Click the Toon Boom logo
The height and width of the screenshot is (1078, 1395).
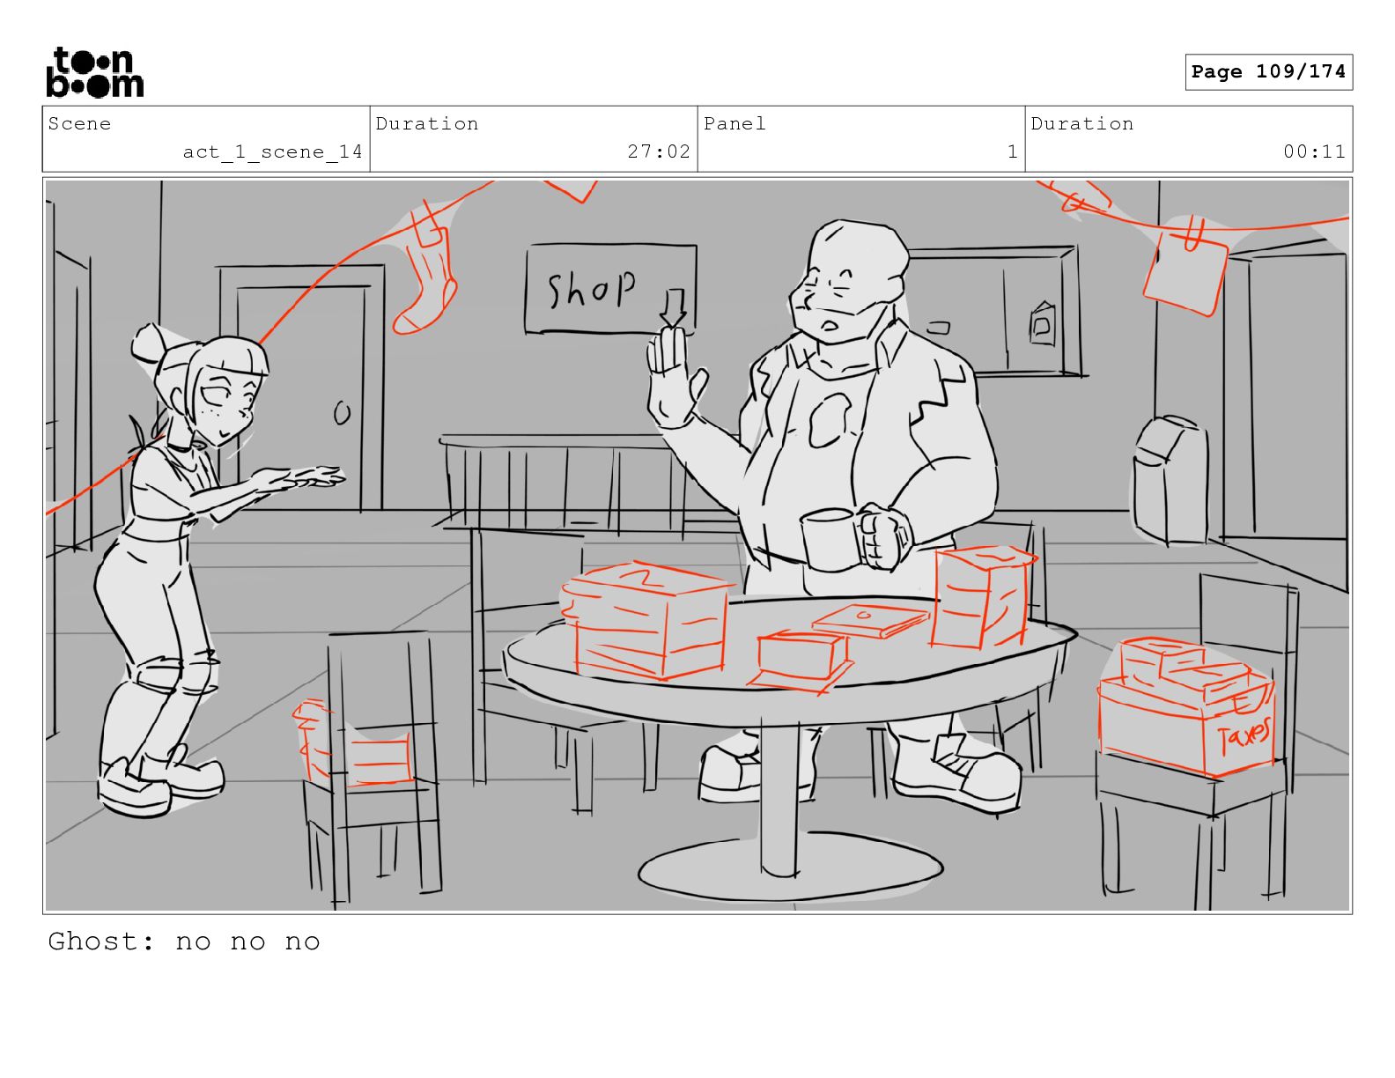coord(95,72)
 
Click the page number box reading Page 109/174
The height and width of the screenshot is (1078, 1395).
coord(1268,72)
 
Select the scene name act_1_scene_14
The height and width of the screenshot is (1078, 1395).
coord(272,152)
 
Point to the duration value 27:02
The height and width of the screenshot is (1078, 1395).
coord(658,151)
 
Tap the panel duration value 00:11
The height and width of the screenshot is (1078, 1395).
coord(1313,151)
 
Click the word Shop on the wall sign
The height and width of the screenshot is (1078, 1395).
coord(591,288)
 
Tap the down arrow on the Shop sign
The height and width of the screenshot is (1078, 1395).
coord(674,307)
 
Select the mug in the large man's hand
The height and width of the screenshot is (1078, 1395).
coord(829,539)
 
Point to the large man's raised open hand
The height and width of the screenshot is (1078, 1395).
coord(674,378)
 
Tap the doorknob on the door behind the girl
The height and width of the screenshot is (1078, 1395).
coord(343,413)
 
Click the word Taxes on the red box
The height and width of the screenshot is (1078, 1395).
coord(1244,735)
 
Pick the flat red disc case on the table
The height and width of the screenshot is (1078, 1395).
coord(870,620)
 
